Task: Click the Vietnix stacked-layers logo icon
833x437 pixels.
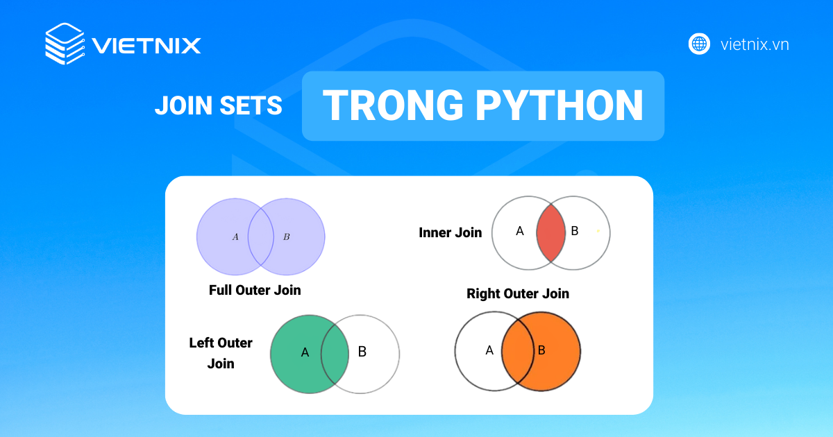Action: point(65,44)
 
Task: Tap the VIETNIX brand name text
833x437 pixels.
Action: point(146,46)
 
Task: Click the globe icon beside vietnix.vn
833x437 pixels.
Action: point(699,44)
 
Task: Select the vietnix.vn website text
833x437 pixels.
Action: point(755,44)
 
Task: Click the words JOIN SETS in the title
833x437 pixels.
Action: point(218,105)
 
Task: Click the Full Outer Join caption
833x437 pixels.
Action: point(255,290)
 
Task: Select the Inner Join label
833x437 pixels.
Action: point(450,232)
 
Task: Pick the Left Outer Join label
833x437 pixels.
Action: point(221,353)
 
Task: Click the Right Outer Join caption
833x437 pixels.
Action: point(518,293)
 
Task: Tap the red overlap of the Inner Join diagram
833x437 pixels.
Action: point(551,232)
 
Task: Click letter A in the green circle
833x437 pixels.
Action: point(305,352)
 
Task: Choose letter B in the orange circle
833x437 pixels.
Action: point(541,350)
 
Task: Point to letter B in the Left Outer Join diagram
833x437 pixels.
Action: point(362,352)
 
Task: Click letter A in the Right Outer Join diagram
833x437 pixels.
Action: point(489,350)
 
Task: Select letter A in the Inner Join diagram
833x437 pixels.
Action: point(520,231)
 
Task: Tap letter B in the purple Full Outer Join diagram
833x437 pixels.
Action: point(287,237)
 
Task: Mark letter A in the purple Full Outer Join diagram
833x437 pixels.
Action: point(235,237)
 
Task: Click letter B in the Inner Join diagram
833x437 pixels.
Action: point(574,231)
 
